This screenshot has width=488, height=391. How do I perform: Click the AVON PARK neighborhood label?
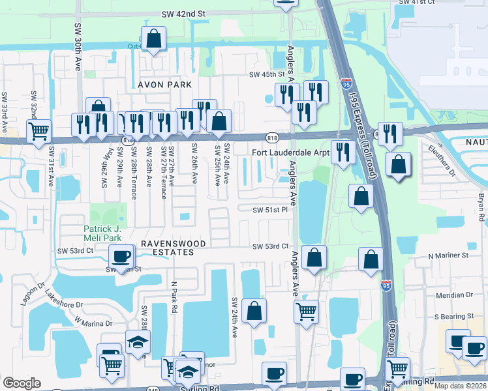pos(164,85)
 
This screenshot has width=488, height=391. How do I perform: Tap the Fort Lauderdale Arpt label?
pos(290,153)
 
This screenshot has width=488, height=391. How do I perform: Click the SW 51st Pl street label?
pos(270,210)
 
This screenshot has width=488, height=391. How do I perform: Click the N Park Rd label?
pos(174,296)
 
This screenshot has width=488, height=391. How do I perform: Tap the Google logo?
pos(22,383)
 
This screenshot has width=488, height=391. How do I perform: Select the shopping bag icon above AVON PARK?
pos(153,39)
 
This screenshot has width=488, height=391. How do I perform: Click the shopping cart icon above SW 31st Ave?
pos(38,130)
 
